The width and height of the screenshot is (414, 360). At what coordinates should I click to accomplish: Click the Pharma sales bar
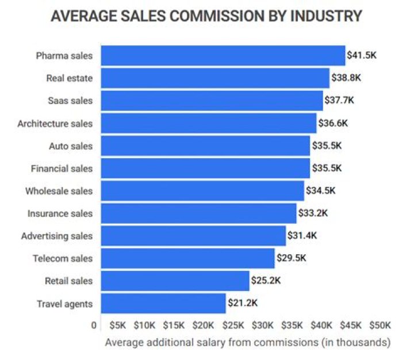(223, 56)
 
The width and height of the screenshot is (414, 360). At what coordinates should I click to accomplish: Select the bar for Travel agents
(163, 304)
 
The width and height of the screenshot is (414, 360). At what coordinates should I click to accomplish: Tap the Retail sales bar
(175, 281)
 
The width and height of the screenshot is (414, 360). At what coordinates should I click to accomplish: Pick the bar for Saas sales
(212, 101)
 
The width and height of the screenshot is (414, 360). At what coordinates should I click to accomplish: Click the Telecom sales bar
(188, 258)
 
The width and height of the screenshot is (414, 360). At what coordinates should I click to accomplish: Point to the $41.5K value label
(361, 56)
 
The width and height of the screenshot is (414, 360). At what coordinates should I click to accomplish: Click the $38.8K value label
(346, 78)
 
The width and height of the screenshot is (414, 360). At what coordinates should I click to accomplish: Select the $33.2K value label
(313, 213)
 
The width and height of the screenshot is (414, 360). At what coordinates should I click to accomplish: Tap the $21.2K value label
(242, 304)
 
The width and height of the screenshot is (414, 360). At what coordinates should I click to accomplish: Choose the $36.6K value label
(333, 123)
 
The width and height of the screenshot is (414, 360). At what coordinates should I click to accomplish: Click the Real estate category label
(69, 78)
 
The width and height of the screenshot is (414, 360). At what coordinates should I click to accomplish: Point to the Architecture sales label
(55, 123)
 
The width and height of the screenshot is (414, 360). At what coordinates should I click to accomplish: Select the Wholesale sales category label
(59, 191)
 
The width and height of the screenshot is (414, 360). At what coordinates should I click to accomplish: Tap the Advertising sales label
(56, 236)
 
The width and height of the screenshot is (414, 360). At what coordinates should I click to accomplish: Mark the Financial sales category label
(62, 168)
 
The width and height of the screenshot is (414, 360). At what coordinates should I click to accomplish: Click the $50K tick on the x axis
(380, 325)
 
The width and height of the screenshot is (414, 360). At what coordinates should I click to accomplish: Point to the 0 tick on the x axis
(94, 325)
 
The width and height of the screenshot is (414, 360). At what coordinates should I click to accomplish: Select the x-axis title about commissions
(248, 343)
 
